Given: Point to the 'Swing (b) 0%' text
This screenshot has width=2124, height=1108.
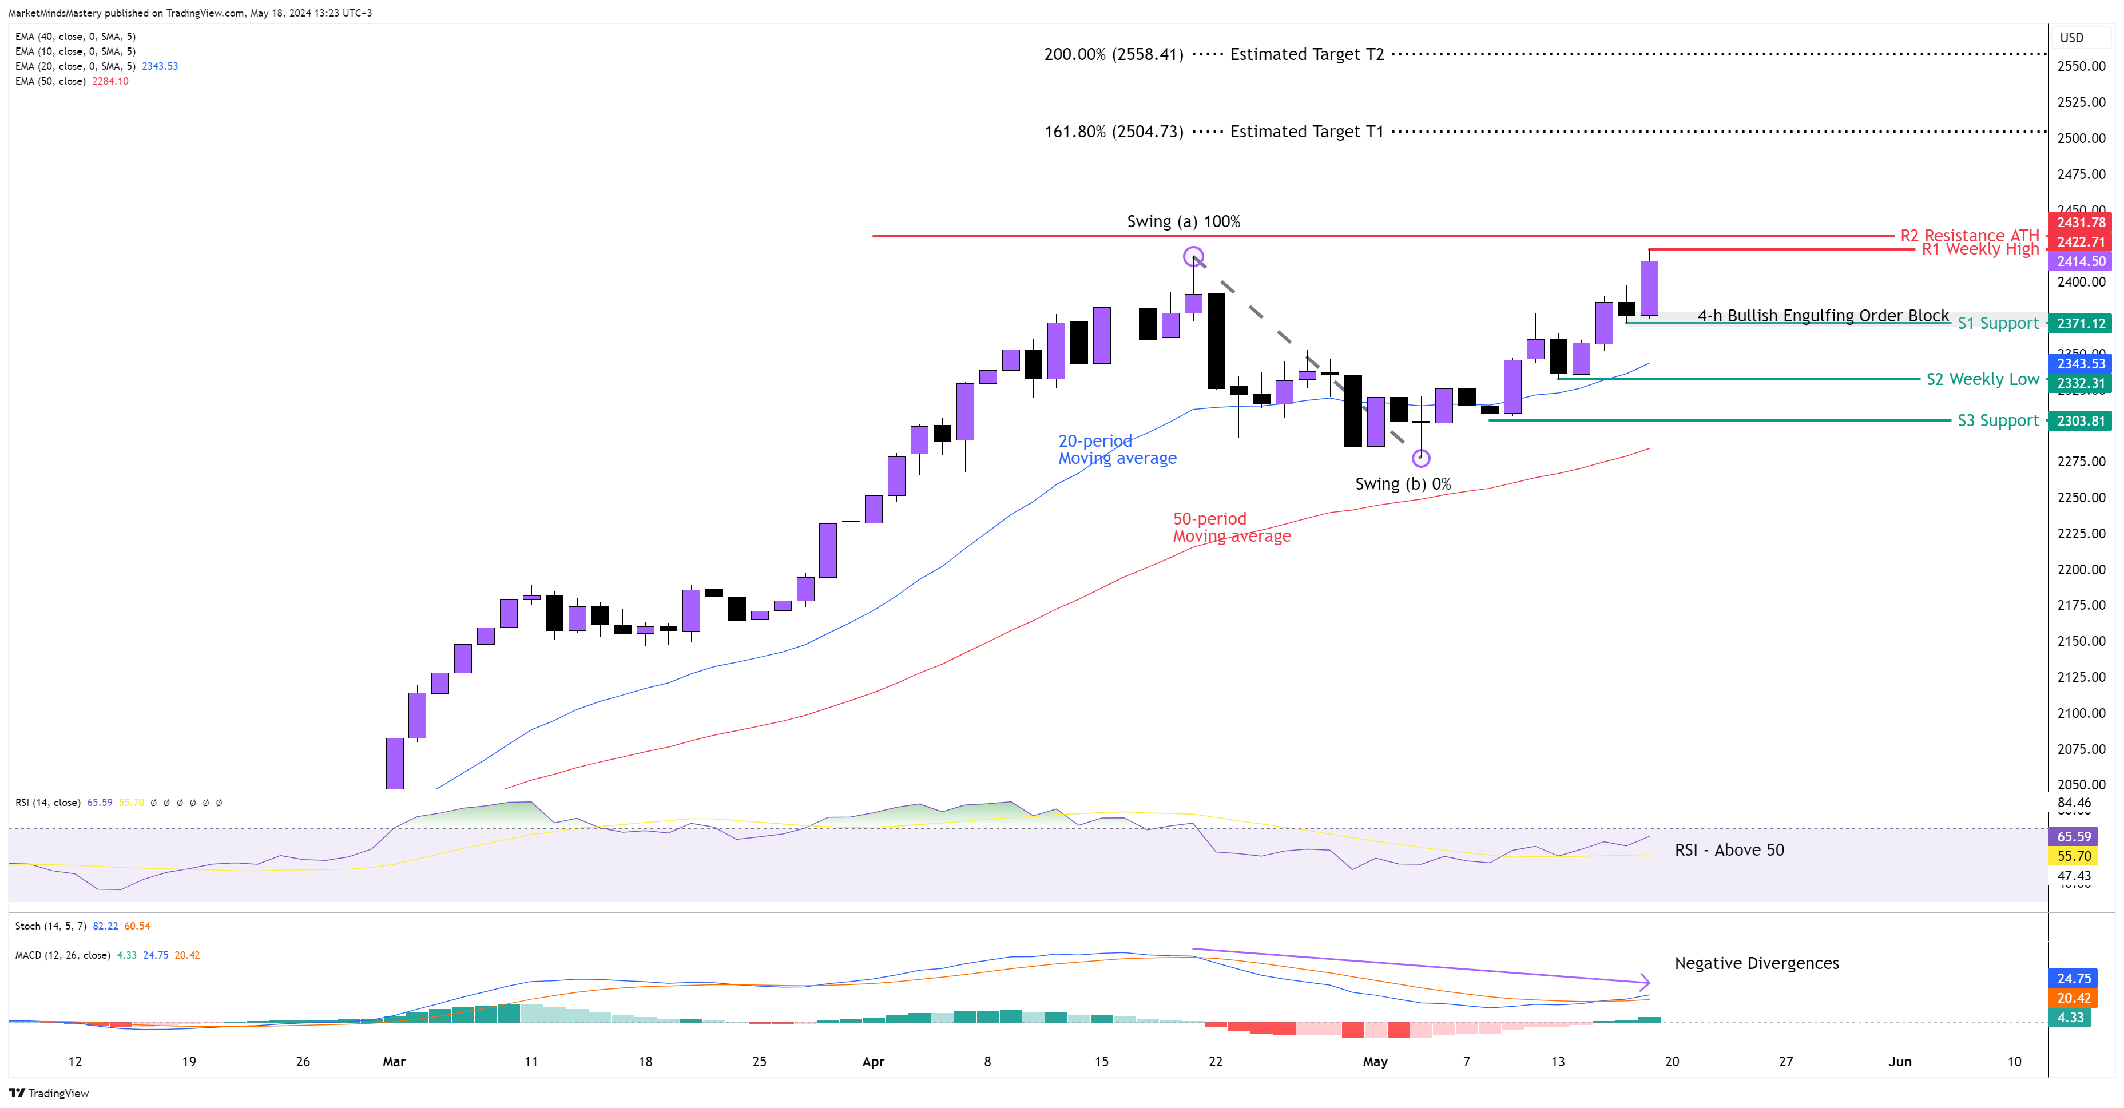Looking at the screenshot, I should tap(1403, 484).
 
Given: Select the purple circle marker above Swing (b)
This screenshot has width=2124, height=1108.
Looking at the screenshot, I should tap(1421, 458).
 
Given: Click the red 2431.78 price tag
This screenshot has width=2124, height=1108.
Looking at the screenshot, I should tap(2081, 223).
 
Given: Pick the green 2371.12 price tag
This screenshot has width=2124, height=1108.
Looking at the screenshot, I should tap(2081, 324).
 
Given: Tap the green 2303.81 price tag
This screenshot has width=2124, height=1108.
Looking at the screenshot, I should tap(2081, 421).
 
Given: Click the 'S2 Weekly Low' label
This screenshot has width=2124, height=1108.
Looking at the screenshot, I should tap(1982, 379).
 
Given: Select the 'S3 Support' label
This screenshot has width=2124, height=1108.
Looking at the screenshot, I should tap(1998, 420).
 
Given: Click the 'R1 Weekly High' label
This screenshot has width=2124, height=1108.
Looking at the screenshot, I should tap(1980, 249).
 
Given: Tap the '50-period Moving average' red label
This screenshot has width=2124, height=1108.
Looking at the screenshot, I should tap(1232, 527).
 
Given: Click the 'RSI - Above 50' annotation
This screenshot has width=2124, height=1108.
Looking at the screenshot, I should tap(1729, 850).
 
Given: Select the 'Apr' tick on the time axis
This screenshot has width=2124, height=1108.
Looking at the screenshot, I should tap(873, 1062).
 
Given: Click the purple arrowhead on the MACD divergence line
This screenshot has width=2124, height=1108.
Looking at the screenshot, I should tap(1645, 982).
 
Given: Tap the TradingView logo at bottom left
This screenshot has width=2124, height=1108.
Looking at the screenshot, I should tap(49, 1093).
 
